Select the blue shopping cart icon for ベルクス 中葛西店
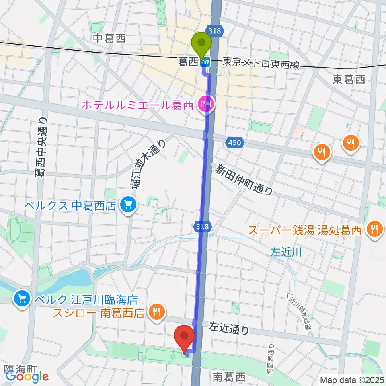pos(128,205)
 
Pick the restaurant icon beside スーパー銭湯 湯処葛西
pos(374,230)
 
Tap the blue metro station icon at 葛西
pos(205,62)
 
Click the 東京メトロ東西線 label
pos(261,64)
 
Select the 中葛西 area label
pos(109,39)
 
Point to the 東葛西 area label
pos(349,80)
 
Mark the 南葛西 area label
pos(228,377)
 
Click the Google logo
pos(27,376)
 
